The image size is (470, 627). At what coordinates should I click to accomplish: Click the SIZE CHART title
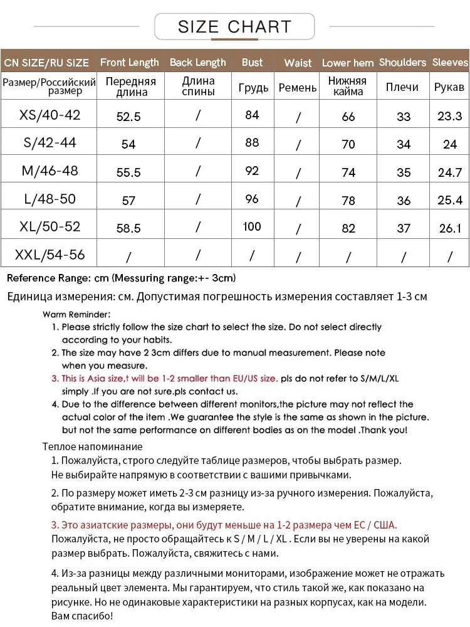234,26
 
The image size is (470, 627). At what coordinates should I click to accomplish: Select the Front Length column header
130,62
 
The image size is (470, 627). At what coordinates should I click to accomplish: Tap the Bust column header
252,62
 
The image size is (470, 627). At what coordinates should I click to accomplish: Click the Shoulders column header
402,62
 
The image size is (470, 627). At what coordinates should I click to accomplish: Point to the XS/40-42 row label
50,115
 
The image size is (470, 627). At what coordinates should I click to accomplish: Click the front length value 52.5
128,116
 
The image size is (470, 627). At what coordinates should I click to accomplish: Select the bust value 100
252,226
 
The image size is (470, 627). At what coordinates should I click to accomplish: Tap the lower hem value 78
348,201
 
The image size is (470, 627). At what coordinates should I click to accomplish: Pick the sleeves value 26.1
450,228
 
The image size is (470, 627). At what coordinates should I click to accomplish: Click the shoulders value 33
404,117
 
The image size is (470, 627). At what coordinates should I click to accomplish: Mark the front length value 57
128,201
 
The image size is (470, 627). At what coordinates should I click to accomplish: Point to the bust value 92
252,171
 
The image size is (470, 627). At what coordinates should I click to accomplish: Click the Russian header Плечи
402,87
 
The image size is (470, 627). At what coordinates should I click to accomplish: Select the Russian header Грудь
253,88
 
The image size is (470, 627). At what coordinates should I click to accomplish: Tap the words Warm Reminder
77,314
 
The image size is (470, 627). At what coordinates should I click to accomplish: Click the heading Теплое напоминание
92,446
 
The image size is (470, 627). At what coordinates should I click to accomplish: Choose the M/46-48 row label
50,171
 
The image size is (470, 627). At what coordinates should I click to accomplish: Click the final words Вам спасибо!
82,616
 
